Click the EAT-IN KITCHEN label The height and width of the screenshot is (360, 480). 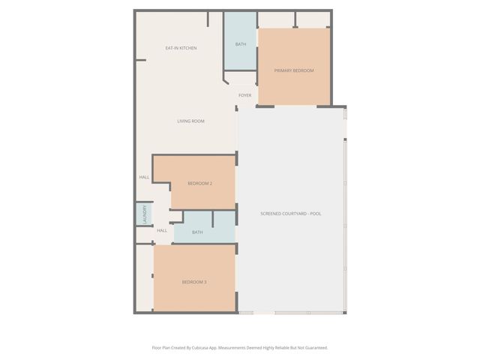181,48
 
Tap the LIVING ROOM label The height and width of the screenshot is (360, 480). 190,121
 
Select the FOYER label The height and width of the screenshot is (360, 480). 244,95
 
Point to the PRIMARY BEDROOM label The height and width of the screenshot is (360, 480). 293,70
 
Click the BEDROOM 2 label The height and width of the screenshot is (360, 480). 199,184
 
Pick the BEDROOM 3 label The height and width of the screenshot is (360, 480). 194,282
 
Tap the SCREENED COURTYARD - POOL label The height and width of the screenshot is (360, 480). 290,214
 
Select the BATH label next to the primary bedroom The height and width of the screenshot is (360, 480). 241,44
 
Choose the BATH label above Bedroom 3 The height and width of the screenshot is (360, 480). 197,232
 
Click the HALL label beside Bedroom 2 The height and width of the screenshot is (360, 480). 144,178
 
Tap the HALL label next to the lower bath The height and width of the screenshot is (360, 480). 162,230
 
